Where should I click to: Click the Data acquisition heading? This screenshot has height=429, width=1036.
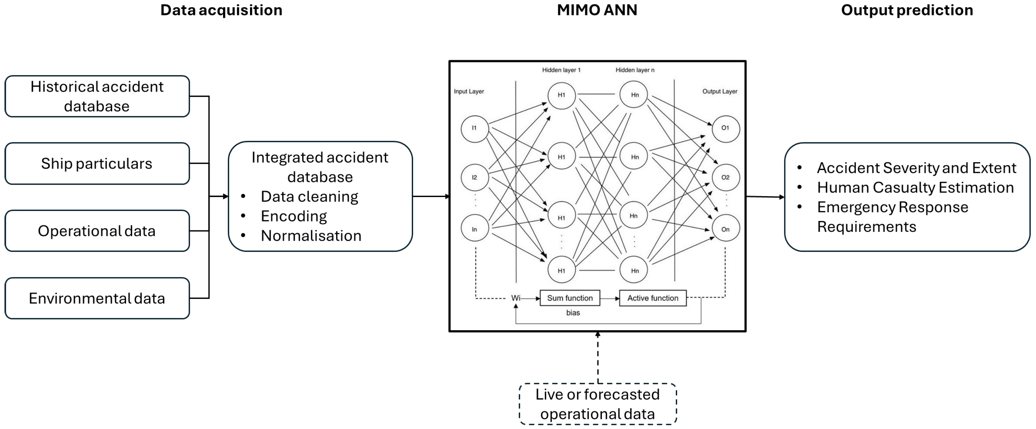221,10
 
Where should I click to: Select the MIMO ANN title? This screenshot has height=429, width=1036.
597,10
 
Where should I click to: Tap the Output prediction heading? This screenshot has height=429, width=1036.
907,10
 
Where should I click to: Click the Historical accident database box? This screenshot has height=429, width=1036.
97,96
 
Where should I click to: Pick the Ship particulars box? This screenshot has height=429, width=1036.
97,163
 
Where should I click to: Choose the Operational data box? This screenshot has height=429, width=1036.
97,230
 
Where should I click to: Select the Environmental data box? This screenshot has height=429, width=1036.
97,298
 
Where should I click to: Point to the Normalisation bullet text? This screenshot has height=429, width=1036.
311,236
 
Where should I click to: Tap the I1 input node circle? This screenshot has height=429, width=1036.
475,128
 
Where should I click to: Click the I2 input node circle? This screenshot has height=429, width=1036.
475,177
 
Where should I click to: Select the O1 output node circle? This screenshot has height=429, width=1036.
726,128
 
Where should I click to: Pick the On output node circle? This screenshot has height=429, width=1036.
726,229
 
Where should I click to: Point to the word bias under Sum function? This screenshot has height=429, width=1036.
573,313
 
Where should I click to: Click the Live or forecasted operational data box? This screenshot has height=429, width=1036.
598,404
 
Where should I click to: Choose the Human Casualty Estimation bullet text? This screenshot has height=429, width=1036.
915,187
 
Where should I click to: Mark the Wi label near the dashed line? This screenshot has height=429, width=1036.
516,298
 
